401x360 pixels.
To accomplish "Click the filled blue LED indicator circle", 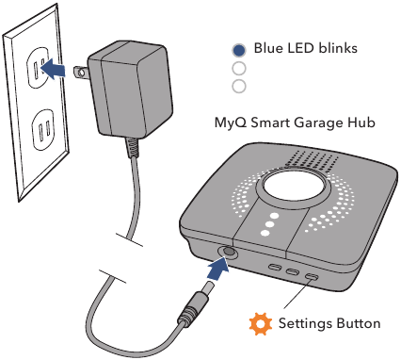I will click(x=239, y=50).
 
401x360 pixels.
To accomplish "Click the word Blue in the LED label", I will click(x=270, y=49).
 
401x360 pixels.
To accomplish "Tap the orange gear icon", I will click(x=259, y=324).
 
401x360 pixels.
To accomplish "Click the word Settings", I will click(x=308, y=324).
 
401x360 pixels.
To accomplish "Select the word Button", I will click(x=360, y=323).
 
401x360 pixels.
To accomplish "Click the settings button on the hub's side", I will click(x=310, y=277).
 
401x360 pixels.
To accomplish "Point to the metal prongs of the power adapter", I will click(x=82, y=72).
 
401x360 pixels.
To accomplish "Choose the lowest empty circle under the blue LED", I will click(x=239, y=86).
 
